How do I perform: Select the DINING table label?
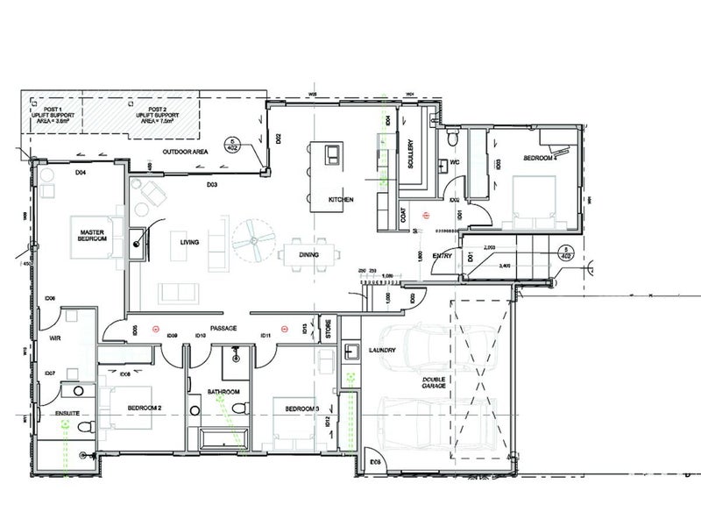point(308,255)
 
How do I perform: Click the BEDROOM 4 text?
point(541,159)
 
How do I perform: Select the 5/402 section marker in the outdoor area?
point(233,145)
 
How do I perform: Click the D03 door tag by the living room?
point(211,185)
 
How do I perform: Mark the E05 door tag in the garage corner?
point(375,461)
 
